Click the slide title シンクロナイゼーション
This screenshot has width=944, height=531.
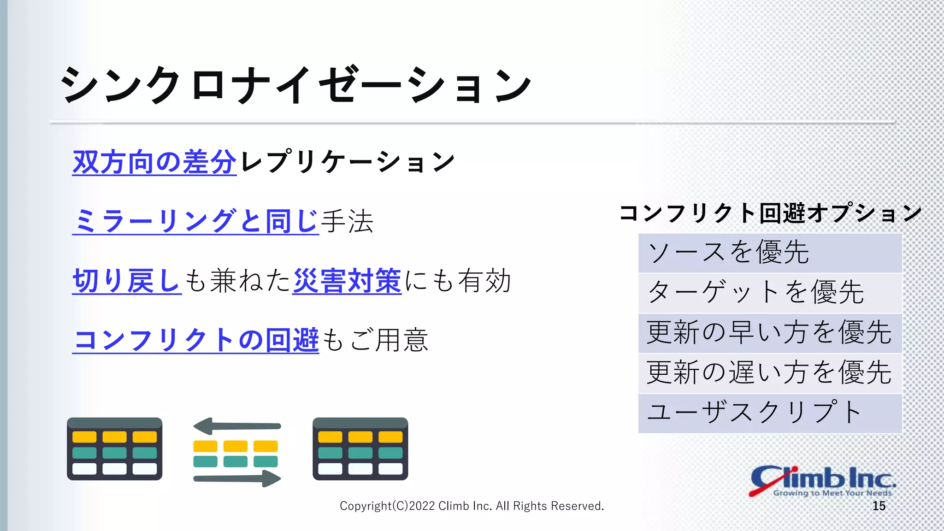point(295,85)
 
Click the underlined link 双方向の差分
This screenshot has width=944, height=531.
point(154,162)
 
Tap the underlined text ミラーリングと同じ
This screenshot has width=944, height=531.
point(195,221)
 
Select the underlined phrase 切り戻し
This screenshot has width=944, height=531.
point(127,281)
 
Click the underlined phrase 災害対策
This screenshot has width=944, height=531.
point(347,281)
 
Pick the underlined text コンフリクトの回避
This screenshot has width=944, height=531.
point(195,340)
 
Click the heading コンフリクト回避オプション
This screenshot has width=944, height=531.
point(770,213)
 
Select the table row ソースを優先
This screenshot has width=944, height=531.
point(770,253)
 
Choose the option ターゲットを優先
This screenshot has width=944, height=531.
point(770,293)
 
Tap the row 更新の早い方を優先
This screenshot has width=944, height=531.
point(770,333)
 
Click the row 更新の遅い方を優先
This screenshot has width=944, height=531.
point(770,373)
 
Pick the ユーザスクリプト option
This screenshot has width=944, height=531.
point(770,413)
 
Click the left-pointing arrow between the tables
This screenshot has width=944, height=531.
point(237,426)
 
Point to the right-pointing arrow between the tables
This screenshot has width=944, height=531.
point(237,478)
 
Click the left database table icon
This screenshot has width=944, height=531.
point(114,449)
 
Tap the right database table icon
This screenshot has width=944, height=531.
point(360,449)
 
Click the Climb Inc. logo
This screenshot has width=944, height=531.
point(822,481)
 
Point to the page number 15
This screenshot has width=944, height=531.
point(879,506)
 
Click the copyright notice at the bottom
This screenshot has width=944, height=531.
point(472,506)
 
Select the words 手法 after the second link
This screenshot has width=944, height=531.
point(347,221)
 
